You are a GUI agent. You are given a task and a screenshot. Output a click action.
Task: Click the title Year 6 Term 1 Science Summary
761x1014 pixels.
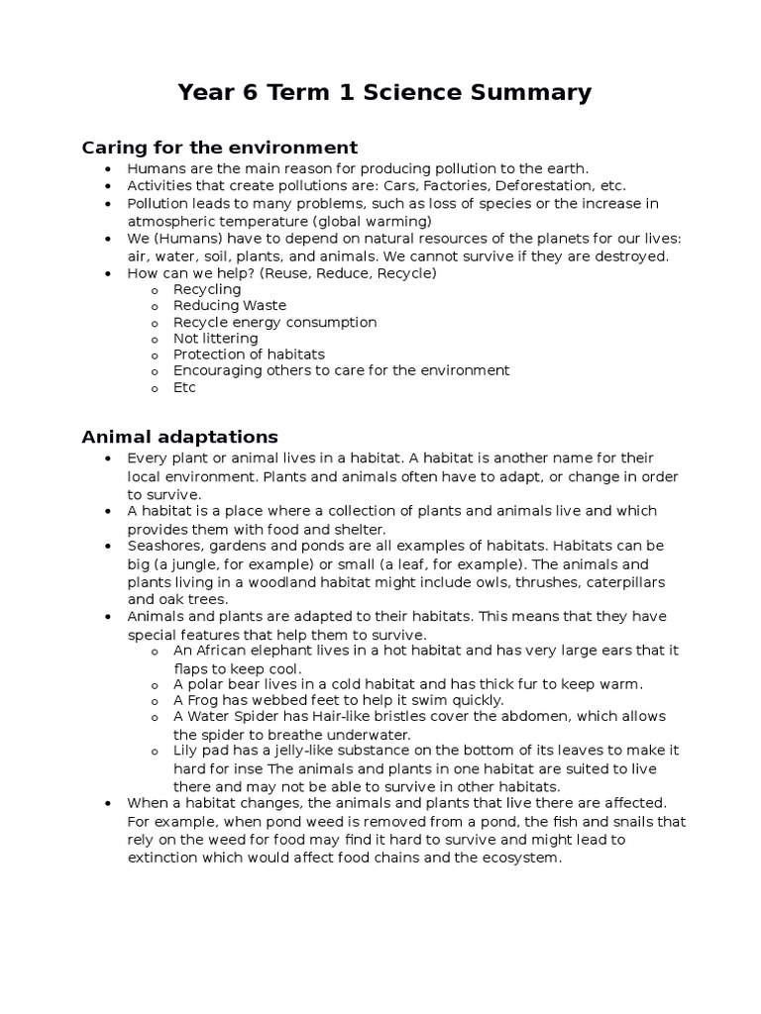[x=384, y=93]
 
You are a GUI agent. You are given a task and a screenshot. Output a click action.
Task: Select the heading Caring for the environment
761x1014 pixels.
[x=219, y=148]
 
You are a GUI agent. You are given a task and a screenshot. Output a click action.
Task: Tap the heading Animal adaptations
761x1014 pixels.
[x=179, y=437]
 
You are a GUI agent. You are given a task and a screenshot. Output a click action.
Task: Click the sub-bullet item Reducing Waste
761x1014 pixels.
[x=229, y=306]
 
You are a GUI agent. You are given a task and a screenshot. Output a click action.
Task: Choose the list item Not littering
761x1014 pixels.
[x=215, y=338]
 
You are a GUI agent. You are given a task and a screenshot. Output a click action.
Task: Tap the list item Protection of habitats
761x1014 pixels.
[x=249, y=354]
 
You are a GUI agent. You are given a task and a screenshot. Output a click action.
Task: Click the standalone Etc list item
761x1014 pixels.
[x=184, y=387]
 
